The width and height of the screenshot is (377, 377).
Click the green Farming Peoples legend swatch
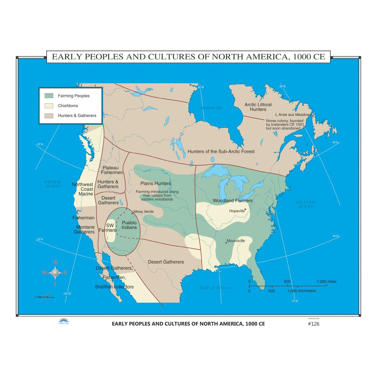pos(49,96)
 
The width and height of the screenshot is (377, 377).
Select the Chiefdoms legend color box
pos(49,106)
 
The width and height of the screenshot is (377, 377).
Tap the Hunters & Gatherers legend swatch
pos(49,116)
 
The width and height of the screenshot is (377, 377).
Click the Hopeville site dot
pos(245,209)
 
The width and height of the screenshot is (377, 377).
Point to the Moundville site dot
pos(226,243)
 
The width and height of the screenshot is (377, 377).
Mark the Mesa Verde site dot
pos(132,213)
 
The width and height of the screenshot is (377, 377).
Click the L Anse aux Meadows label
pos(293,115)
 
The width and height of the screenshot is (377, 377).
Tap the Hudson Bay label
pos(212,108)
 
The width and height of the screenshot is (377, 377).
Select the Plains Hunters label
pos(156,184)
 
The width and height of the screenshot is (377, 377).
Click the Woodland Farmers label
pos(233,201)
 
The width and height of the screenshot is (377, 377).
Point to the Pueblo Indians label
pos(129,225)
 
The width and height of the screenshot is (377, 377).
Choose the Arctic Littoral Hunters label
pos(258,107)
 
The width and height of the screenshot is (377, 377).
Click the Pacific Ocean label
pos(53,184)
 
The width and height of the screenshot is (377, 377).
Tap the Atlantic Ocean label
pos(306,204)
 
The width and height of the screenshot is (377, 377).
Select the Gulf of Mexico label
pos(215,288)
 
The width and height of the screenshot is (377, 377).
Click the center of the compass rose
pos(55,273)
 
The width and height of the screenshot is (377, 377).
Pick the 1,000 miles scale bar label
pos(326,281)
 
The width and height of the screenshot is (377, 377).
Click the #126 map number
pos(313,324)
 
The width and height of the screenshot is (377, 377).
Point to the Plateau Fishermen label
pos(111,170)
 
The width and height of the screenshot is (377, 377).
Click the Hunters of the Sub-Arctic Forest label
pos(221,152)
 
